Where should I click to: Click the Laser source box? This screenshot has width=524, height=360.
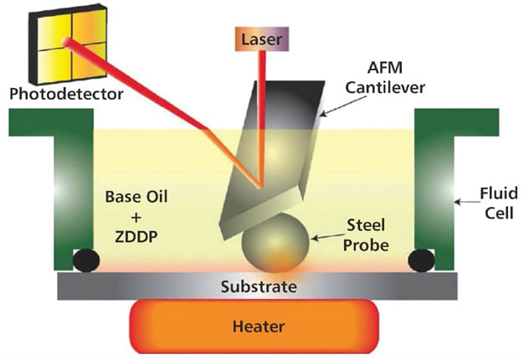click(262, 39)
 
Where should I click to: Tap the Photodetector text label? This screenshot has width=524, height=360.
click(66, 94)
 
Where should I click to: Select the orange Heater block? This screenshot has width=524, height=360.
click(254, 327)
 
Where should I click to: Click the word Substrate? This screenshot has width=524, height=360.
click(259, 287)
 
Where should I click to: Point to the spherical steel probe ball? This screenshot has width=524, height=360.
click(276, 243)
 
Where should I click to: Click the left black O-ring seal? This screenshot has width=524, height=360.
click(86, 260)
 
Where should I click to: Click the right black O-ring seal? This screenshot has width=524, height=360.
click(421, 260)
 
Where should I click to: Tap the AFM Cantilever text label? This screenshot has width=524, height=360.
click(385, 78)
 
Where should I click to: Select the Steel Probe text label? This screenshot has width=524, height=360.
click(366, 235)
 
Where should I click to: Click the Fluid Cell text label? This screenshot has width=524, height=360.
click(499, 203)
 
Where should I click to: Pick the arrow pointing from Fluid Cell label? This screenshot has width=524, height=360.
click(467, 202)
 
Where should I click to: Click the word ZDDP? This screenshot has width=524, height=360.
click(136, 237)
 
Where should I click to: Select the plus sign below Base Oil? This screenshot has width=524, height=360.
click(136, 218)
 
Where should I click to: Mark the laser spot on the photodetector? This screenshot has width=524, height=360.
click(67, 42)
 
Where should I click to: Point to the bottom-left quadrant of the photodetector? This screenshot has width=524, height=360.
click(54, 65)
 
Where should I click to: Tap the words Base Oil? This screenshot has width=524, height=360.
click(136, 197)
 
